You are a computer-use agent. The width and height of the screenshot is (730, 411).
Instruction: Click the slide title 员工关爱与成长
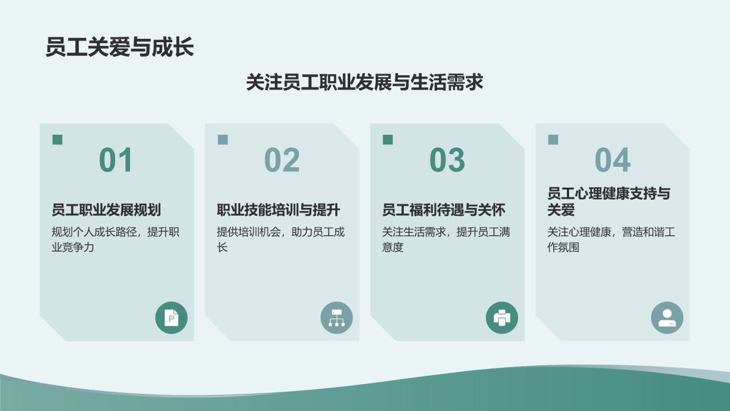pos(120,47)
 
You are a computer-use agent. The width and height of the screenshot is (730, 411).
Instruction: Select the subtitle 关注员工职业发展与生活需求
pos(364,83)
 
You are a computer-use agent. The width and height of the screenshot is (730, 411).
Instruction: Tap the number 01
pos(116,160)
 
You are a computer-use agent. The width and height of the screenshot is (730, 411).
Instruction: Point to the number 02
pos(282,160)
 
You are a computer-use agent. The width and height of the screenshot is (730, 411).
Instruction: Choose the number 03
pos(447,160)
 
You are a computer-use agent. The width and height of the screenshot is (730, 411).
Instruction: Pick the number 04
pos(613,160)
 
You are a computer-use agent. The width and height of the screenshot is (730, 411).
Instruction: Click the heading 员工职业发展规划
pos(106,210)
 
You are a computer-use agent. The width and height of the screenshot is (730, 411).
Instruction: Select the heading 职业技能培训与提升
pos(278,210)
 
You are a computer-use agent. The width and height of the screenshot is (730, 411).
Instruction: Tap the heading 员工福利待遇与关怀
pos(444,210)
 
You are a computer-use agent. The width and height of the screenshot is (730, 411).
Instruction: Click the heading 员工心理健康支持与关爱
pos(609,202)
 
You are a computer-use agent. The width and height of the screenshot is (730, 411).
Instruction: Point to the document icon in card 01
pos(171,317)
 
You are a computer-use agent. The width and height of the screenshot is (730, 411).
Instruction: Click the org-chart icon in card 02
pos(336,317)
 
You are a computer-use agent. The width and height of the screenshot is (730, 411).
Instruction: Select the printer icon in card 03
pos(502,317)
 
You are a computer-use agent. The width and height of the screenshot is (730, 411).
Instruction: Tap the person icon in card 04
pos(667,317)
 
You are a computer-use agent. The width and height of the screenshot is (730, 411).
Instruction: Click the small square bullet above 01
pos(58,140)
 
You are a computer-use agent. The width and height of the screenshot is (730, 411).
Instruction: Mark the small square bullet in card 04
pos(553,140)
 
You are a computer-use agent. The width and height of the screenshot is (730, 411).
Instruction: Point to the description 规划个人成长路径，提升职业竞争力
pos(115,240)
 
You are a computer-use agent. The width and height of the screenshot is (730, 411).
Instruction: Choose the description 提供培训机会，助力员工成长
pos(281,240)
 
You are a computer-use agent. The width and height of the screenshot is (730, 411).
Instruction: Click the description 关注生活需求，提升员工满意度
pos(446,240)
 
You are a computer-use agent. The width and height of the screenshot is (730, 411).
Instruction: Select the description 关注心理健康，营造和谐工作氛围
pos(611,240)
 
